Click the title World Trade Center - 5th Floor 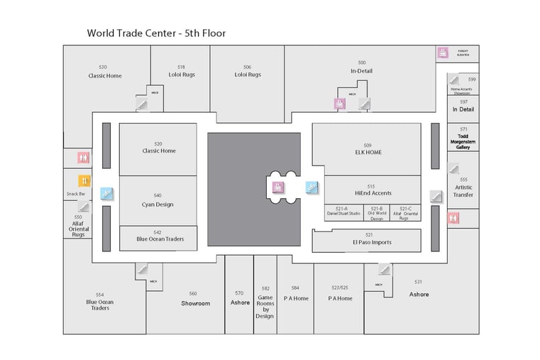pyautogui.click(x=156, y=33)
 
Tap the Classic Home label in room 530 pyautogui.click(x=104, y=75)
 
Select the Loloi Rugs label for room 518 pyautogui.click(x=182, y=74)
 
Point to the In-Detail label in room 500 pyautogui.click(x=361, y=71)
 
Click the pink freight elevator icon pyautogui.click(x=443, y=53)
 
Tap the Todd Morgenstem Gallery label pyautogui.click(x=463, y=141)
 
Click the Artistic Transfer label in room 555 pyautogui.click(x=463, y=191)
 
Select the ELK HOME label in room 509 pyautogui.click(x=368, y=152)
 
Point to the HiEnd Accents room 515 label pyautogui.click(x=373, y=193)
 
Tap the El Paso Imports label pyautogui.click(x=371, y=242)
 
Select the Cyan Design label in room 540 pyautogui.click(x=157, y=204)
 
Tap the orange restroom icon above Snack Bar pyautogui.click(x=84, y=180)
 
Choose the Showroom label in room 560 pyautogui.click(x=195, y=303)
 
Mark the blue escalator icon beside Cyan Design pyautogui.click(x=107, y=192)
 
